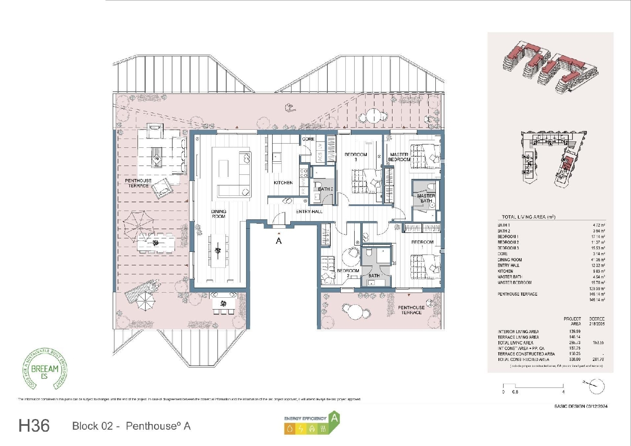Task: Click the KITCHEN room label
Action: (283, 183)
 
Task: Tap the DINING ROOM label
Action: (218, 214)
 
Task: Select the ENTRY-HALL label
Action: (309, 211)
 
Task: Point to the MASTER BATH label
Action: (426, 198)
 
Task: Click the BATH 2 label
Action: (325, 189)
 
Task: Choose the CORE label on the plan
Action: (308, 139)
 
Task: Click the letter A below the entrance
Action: (278, 241)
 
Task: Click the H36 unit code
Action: (34, 426)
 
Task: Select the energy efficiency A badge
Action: (312, 423)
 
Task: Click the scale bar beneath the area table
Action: (533, 387)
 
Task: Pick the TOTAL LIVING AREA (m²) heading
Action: (528, 217)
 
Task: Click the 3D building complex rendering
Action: (549, 67)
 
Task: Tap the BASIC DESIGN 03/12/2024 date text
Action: (581, 406)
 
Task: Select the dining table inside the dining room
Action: (218, 251)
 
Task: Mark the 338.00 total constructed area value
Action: (575, 360)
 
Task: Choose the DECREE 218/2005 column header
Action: (597, 321)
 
